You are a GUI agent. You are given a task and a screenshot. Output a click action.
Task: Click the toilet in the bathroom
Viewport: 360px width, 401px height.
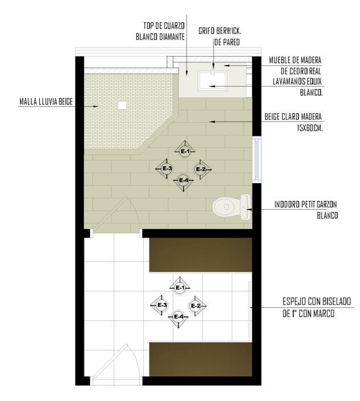[x=232, y=207]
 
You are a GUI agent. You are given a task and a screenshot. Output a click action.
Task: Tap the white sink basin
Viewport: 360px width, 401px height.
[x=212, y=81]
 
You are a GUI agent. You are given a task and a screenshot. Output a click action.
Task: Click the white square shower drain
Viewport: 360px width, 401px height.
[x=122, y=105]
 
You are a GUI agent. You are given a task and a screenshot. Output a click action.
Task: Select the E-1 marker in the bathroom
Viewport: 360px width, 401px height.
[x=185, y=151]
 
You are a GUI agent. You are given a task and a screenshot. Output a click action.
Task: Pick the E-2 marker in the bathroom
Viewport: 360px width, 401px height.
[x=201, y=169]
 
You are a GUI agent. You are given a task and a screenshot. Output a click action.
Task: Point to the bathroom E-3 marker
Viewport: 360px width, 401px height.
[x=167, y=169]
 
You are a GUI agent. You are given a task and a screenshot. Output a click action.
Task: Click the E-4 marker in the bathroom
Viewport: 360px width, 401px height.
[x=184, y=181]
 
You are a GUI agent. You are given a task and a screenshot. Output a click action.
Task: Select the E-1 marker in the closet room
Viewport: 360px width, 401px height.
[x=180, y=288]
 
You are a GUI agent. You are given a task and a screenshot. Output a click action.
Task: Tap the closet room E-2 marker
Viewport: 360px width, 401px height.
[x=196, y=306]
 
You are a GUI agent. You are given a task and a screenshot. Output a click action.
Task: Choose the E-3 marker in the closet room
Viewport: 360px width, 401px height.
[x=161, y=305]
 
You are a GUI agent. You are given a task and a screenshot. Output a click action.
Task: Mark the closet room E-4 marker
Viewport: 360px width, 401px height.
[x=179, y=317]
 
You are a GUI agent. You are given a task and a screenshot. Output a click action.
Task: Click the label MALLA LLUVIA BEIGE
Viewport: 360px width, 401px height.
[x=46, y=102]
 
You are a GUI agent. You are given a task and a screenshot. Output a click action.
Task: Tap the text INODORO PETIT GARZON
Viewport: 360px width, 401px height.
[x=306, y=204]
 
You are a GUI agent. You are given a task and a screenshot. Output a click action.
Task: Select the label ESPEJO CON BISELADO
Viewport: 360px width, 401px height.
[x=317, y=301]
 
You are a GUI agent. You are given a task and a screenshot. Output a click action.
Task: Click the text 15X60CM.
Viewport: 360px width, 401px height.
[x=310, y=128]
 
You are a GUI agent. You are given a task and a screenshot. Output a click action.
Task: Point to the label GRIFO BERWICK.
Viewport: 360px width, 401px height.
[x=220, y=31]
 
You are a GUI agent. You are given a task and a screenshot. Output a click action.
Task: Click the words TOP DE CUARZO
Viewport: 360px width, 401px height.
[x=164, y=26]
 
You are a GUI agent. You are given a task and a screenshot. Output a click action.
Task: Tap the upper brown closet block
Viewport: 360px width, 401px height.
[x=201, y=255]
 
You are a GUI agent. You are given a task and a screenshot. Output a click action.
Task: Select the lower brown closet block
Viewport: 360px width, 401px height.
[x=201, y=359]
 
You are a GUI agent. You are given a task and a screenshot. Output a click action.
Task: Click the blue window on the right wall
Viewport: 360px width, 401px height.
[x=257, y=160]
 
